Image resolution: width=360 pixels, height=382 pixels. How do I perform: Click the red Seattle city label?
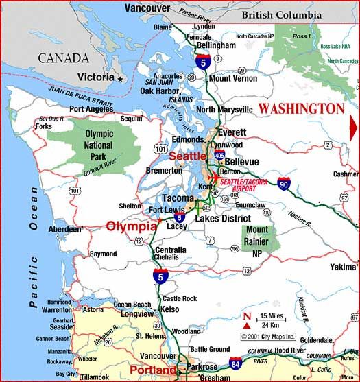(x=187, y=156)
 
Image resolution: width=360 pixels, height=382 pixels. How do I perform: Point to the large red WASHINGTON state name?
(x=301, y=109)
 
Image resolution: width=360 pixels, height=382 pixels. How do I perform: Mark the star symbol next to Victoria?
(x=121, y=80)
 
